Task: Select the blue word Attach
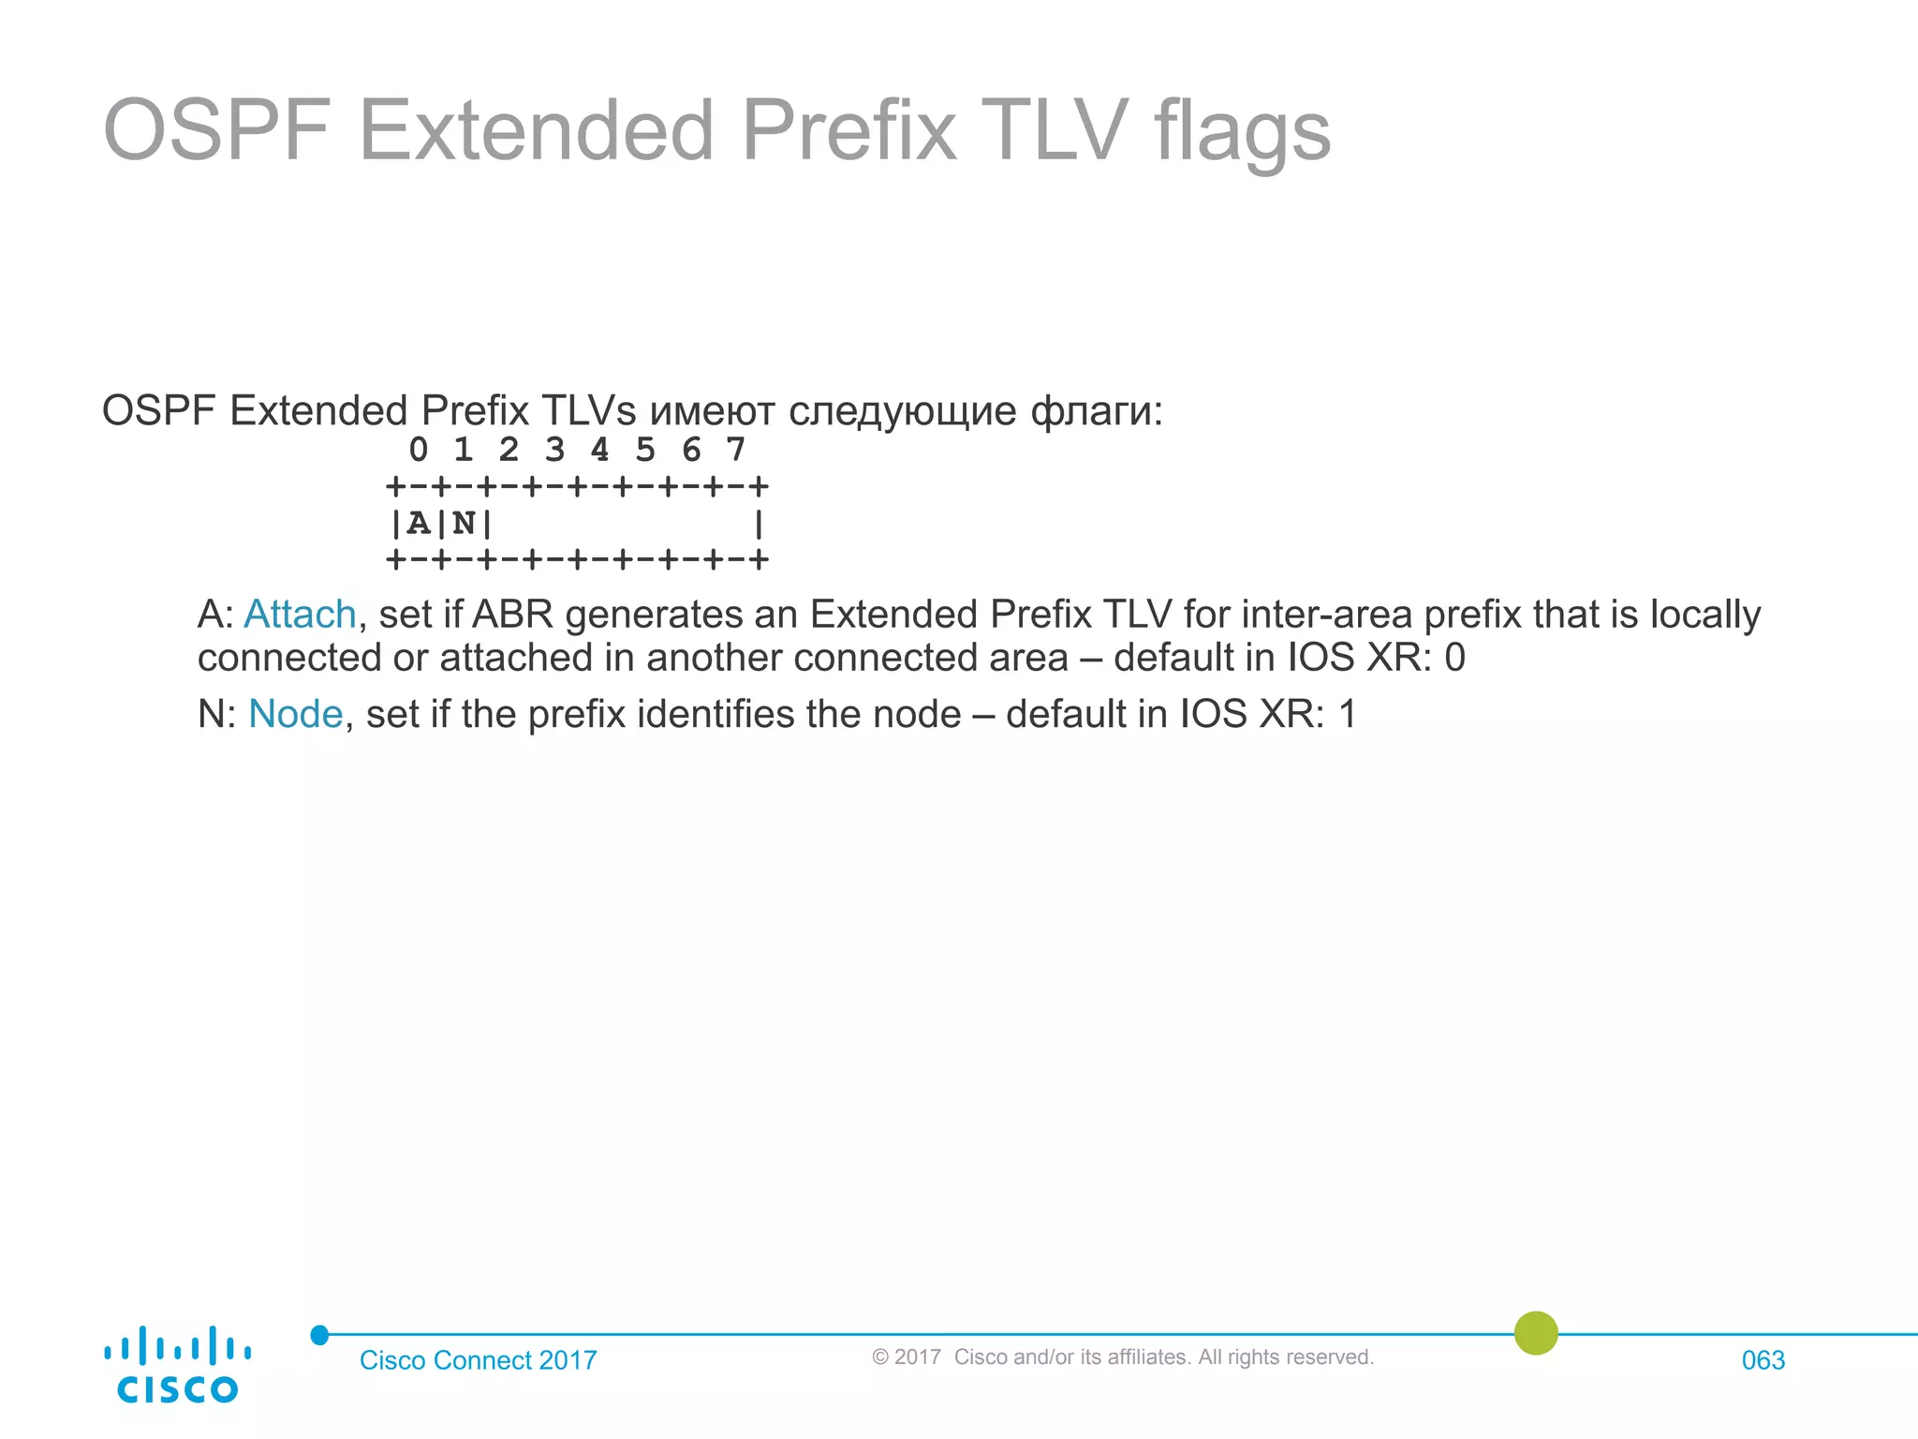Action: pos(300,616)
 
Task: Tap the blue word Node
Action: pos(295,715)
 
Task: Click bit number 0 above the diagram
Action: pos(419,451)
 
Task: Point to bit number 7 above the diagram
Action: pos(736,451)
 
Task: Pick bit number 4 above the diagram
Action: pos(599,451)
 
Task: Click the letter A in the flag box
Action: pos(419,523)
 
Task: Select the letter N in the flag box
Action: pos(464,523)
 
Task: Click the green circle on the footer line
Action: pos(1536,1332)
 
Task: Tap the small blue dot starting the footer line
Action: pos(319,1334)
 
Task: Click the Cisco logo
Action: pos(177,1365)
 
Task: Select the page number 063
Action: pos(1763,1360)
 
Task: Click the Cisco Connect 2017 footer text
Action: pos(478,1360)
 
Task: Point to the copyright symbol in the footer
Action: pos(879,1357)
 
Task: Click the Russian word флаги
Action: pos(1096,412)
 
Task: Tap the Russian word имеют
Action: pos(712,412)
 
